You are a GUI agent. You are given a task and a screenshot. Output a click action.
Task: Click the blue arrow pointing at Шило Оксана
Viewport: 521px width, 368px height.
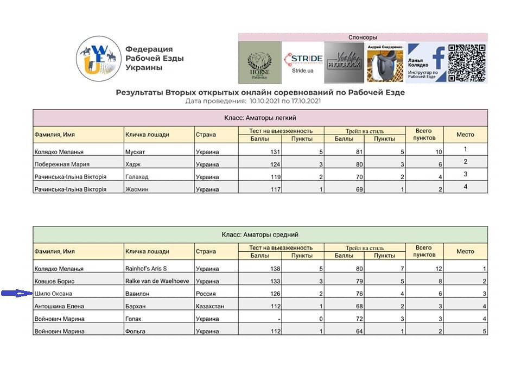pos(17,294)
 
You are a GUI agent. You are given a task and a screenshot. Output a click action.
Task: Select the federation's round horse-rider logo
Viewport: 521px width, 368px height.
pos(98,57)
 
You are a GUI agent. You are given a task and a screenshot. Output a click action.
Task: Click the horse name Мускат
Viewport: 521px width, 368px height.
pos(135,152)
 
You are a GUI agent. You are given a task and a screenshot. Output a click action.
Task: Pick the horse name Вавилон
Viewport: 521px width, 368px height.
pos(137,294)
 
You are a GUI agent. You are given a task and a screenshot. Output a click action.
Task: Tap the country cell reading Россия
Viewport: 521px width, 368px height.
pos(206,294)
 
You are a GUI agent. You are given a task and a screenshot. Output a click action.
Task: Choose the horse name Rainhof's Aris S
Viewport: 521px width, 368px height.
pos(146,269)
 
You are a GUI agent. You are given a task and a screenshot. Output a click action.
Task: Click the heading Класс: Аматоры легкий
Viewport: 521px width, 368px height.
pos(260,118)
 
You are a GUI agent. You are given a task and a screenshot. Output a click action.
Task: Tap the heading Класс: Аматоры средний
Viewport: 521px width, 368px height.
pos(260,234)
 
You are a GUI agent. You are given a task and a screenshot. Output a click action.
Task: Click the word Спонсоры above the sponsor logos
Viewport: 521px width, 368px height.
pos(363,37)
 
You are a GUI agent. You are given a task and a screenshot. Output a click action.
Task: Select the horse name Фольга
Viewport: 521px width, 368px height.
pos(136,331)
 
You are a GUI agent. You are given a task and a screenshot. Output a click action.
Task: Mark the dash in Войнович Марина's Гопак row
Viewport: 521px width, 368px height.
pos(278,319)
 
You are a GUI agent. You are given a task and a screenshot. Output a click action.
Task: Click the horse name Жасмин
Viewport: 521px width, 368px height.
pos(137,189)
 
